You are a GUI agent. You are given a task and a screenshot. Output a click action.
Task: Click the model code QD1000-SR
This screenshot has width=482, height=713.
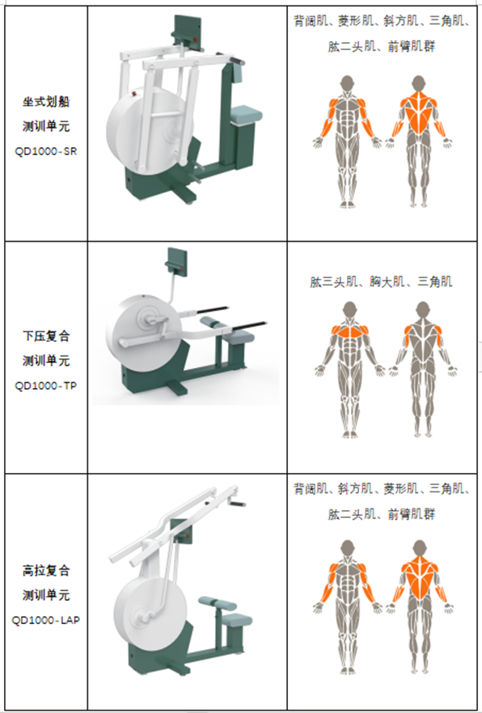click(45, 151)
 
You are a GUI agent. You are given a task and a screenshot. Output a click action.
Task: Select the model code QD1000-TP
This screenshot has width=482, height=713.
click(45, 386)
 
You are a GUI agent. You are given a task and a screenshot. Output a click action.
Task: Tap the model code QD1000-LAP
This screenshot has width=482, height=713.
click(45, 620)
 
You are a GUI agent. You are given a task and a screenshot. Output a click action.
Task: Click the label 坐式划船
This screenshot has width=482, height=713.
click(46, 101)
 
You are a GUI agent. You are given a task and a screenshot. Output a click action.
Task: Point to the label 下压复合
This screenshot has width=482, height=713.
click(46, 336)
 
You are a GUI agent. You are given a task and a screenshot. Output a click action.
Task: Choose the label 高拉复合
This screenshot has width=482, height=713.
click(46, 570)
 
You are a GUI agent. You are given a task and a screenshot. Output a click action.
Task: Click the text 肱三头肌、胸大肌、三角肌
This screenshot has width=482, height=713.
click(381, 281)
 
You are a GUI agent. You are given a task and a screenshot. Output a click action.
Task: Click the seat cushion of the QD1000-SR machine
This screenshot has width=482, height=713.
click(247, 114)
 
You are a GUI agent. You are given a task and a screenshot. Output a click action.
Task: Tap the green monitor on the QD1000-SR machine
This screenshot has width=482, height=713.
click(187, 32)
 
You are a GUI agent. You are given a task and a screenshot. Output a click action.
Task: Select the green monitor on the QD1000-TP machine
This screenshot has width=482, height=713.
click(176, 260)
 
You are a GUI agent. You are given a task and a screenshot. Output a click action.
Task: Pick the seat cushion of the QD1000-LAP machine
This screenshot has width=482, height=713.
click(235, 619)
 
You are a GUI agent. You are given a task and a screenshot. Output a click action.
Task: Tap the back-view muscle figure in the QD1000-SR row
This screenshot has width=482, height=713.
click(418, 141)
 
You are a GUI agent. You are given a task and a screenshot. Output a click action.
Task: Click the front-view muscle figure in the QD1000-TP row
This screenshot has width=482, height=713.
click(349, 369)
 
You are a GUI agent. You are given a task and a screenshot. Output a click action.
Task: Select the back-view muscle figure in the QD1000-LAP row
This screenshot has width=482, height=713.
click(419, 606)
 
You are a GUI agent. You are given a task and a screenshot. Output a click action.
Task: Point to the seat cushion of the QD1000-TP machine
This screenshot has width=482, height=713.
click(240, 337)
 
